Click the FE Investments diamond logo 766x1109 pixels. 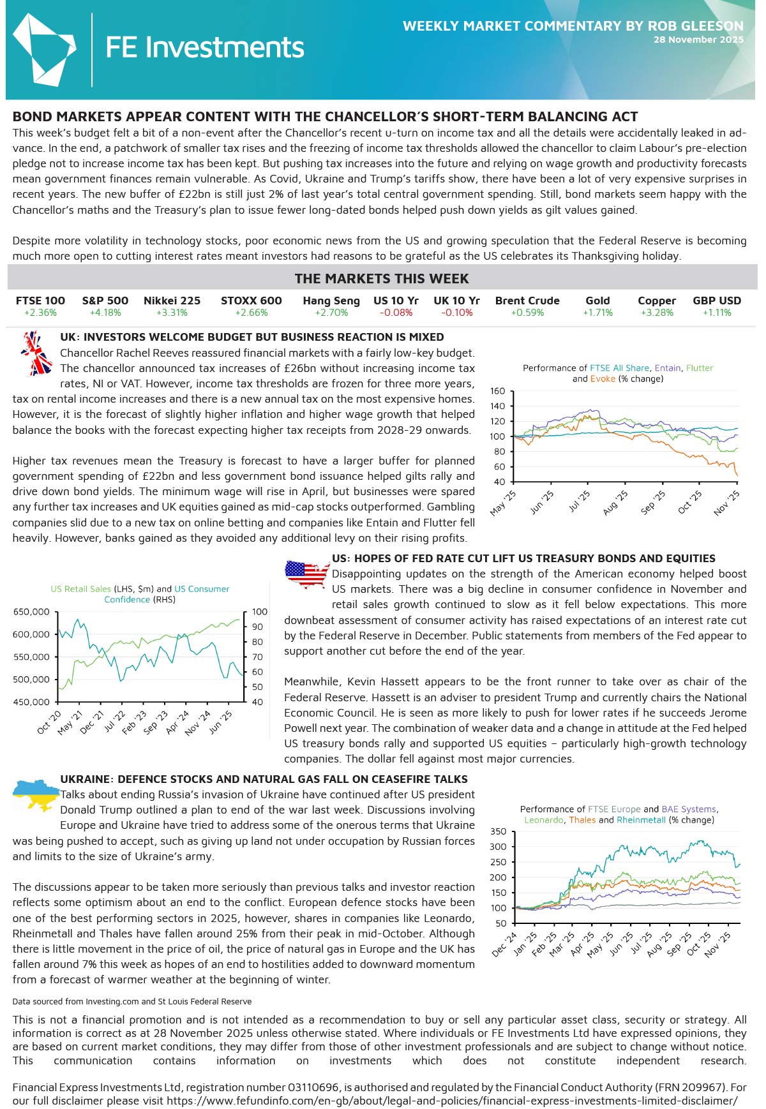tap(43, 50)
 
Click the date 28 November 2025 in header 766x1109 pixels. tap(698, 40)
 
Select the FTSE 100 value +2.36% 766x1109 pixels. tap(40, 313)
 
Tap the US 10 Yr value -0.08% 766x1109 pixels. tap(396, 313)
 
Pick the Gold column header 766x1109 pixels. tap(597, 301)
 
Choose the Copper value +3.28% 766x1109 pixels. tap(656, 313)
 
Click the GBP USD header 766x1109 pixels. tap(717, 301)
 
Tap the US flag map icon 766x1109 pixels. tap(306, 573)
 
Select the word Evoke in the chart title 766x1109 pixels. tap(603, 378)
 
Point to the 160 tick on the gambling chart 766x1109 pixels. tap(498, 391)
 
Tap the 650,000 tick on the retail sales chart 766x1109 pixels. tap(31, 612)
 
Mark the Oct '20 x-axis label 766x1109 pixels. tap(49, 722)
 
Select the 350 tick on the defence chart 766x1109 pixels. tap(499, 831)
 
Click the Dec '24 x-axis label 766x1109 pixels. tap(504, 944)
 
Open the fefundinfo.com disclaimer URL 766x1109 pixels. tap(452, 1101)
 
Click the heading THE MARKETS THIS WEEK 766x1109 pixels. tap(382, 279)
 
